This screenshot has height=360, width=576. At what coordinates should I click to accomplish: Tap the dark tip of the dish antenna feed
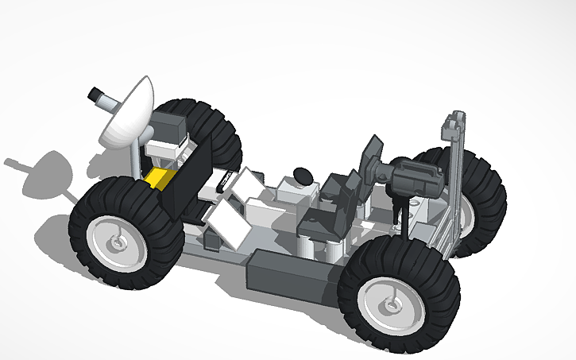[95, 93]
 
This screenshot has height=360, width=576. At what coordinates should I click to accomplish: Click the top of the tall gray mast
[454, 120]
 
